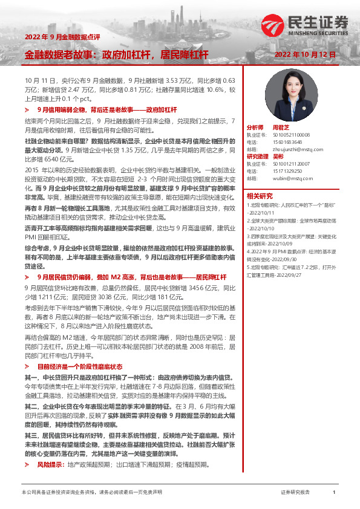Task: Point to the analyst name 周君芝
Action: [x=281, y=128]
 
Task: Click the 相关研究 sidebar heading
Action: [x=260, y=196]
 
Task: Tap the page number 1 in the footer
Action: [x=334, y=493]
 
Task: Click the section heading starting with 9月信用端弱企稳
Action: [x=106, y=111]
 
